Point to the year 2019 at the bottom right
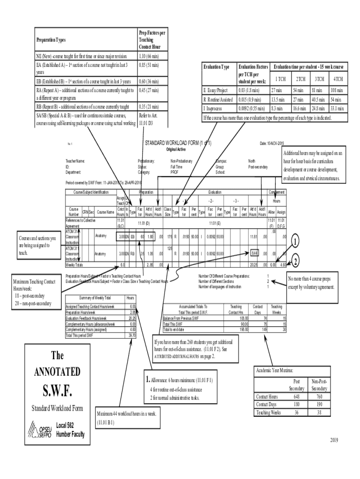click(334, 440)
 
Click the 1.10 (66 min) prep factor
click(149, 56)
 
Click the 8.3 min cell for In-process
click(278, 108)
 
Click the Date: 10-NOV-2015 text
click(275, 143)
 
